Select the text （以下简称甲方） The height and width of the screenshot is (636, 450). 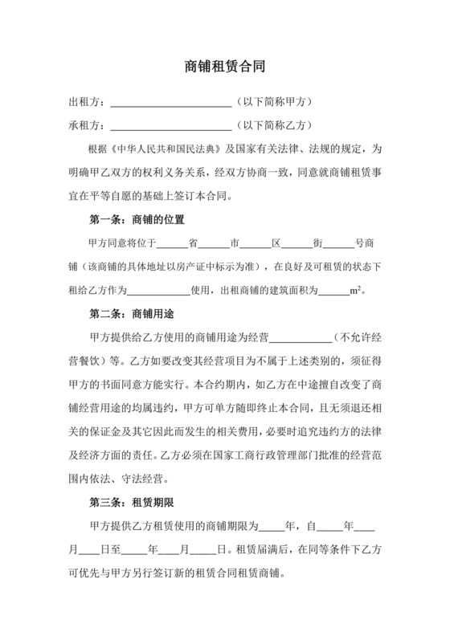point(273,103)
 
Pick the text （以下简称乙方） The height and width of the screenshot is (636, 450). point(273,126)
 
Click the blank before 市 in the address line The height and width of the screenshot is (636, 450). point(214,243)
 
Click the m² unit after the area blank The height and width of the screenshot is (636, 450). point(356,289)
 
